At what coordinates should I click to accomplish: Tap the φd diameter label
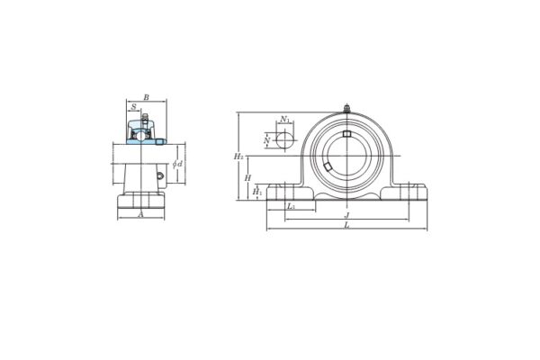(178, 163)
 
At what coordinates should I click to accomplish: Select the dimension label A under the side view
(141, 215)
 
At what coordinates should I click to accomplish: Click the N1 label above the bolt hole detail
(284, 119)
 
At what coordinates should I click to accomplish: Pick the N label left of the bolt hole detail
(267, 140)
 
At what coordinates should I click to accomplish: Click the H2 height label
(239, 157)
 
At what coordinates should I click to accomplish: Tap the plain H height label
(247, 178)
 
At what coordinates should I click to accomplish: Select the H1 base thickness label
(257, 191)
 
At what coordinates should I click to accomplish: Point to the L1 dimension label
(290, 207)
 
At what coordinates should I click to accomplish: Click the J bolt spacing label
(346, 215)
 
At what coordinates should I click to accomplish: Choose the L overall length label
(346, 225)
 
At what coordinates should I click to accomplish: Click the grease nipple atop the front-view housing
(346, 109)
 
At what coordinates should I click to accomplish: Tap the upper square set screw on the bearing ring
(346, 134)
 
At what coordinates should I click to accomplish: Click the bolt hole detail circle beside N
(284, 140)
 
